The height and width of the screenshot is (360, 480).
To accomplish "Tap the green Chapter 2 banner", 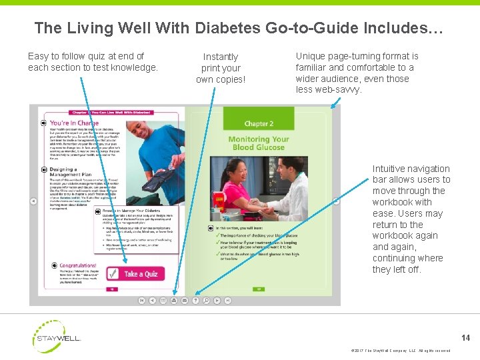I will click(x=259, y=123).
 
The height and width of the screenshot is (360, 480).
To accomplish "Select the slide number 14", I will click(x=465, y=338).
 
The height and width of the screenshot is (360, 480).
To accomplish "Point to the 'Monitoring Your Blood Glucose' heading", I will click(x=259, y=143).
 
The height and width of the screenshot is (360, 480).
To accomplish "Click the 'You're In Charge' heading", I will click(x=73, y=123).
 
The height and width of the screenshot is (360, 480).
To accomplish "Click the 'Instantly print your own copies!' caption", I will click(x=220, y=68).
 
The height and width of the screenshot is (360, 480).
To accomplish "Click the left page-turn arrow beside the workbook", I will click(x=33, y=201).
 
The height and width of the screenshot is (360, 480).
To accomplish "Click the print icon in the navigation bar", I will click(x=174, y=301).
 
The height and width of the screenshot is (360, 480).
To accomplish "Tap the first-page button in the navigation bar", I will click(x=141, y=301).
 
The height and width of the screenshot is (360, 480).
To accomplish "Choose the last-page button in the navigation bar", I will click(x=227, y=301).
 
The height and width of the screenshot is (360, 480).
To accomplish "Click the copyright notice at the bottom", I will click(x=399, y=351).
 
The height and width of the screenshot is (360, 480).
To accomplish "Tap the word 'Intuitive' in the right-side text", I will click(x=390, y=169).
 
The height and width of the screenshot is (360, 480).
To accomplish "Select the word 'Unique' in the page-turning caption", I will click(x=310, y=56).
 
